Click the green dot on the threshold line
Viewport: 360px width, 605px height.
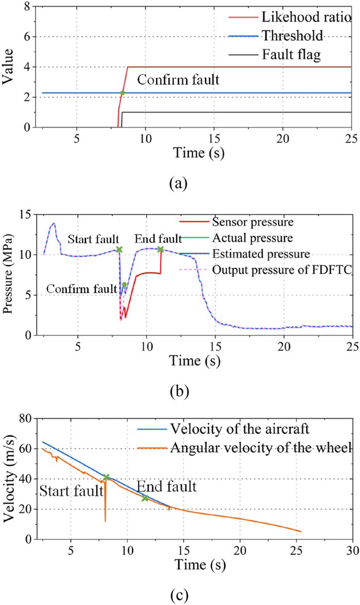click(x=122, y=93)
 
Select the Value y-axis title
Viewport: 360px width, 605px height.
click(x=9, y=67)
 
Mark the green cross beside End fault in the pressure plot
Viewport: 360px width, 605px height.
click(x=160, y=250)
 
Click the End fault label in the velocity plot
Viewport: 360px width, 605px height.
click(x=167, y=487)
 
